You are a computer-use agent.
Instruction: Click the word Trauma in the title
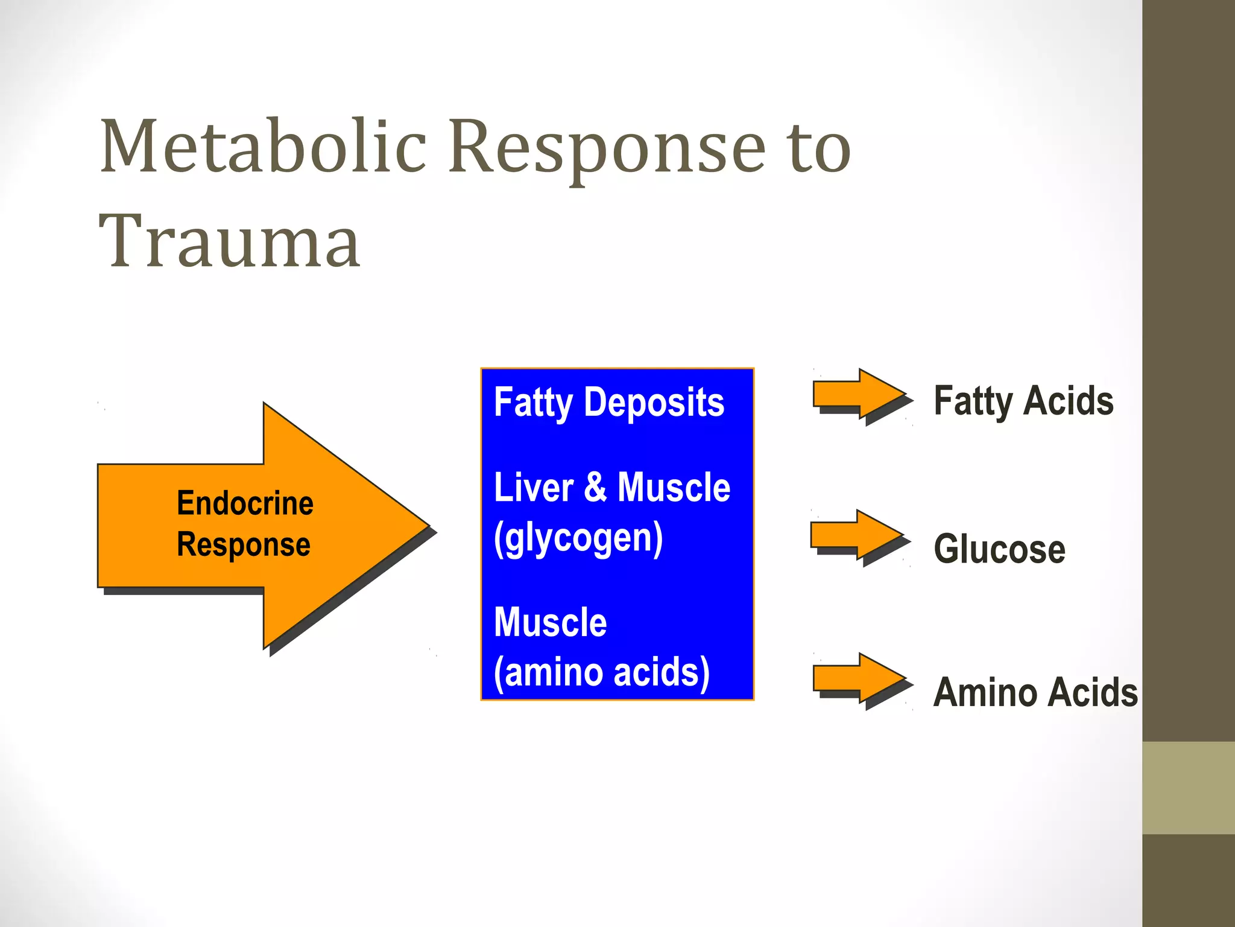click(230, 242)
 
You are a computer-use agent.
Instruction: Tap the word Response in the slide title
click(607, 148)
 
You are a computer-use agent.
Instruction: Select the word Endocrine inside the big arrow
click(245, 503)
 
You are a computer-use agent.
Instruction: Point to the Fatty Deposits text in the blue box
click(608, 403)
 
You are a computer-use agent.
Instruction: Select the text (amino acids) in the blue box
click(601, 672)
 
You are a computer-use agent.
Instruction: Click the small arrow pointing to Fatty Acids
click(859, 395)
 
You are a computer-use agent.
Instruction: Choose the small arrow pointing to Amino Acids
click(859, 678)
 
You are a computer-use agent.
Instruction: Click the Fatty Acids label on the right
click(1023, 401)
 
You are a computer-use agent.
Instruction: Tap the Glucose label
click(999, 549)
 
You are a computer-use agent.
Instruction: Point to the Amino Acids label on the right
click(1035, 692)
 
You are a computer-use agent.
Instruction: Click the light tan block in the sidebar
click(1188, 788)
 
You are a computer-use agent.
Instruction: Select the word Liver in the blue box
click(533, 488)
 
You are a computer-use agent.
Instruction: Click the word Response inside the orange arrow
click(244, 544)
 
